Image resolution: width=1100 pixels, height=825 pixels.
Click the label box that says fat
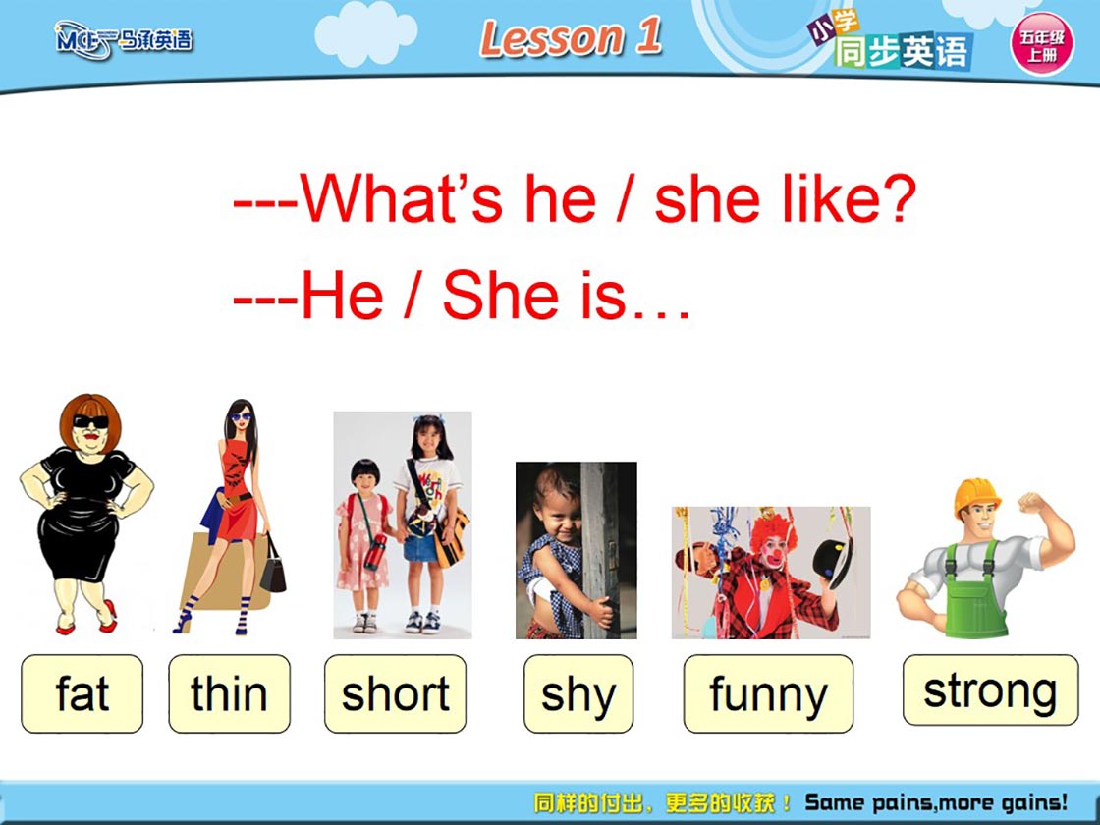pyautogui.click(x=82, y=693)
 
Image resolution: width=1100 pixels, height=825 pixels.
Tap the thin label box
pyautogui.click(x=230, y=693)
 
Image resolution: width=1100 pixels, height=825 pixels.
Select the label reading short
pyautogui.click(x=395, y=693)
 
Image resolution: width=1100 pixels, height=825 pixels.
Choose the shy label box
pyautogui.click(x=578, y=693)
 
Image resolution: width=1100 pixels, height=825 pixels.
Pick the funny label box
pyautogui.click(x=768, y=693)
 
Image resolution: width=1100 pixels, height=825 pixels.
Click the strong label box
pyautogui.click(x=991, y=690)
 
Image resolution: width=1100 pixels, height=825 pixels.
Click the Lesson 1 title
pyautogui.click(x=571, y=37)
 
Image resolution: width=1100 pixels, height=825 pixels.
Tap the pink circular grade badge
pyautogui.click(x=1042, y=43)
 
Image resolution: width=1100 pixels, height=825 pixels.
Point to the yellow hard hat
pyautogui.click(x=976, y=496)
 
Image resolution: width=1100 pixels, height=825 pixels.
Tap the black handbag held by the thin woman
pyautogui.click(x=273, y=569)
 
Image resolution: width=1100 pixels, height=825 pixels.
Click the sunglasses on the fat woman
pyautogui.click(x=91, y=421)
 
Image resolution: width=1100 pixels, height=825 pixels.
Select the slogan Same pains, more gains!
pyautogui.click(x=937, y=801)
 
